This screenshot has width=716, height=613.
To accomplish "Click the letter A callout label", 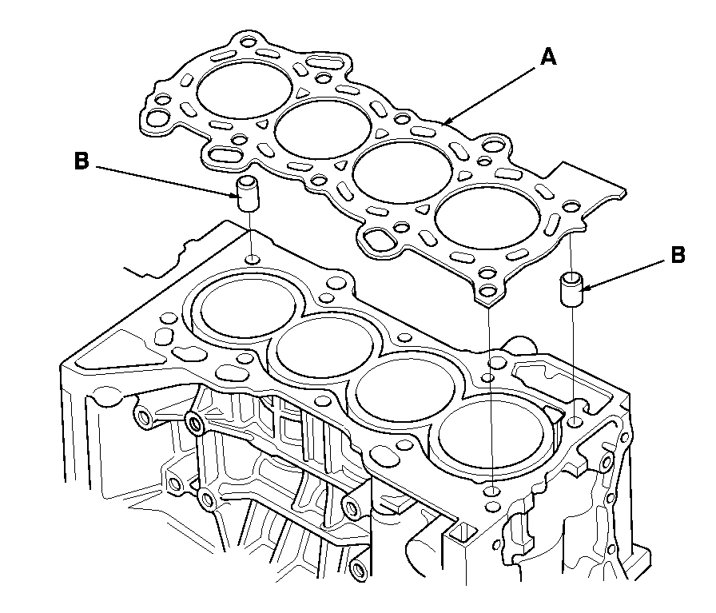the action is point(547,57).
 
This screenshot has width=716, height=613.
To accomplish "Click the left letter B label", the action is point(82,161).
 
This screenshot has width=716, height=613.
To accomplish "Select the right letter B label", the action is point(678,256).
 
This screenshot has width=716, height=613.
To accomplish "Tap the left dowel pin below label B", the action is point(249,193).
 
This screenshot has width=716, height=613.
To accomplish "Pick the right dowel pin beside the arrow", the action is point(572,289).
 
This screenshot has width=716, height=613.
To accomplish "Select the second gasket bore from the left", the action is point(323,129).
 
